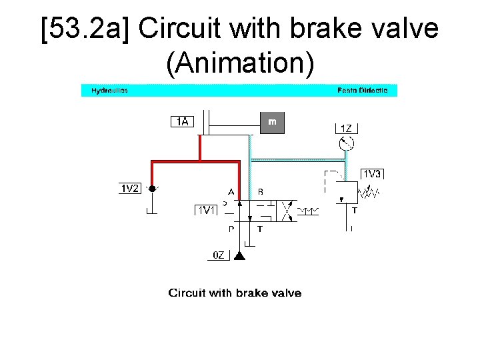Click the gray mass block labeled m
coord(272,122)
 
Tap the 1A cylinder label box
coord(182,121)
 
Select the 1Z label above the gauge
coord(346,128)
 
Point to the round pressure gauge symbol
coord(346,143)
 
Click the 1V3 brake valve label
coord(372,174)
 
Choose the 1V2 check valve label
coord(129,189)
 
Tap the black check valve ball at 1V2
coord(152,189)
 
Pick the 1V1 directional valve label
coord(206,211)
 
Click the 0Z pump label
coord(219,255)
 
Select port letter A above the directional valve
coord(231,191)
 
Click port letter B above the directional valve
coord(260,191)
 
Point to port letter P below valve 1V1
coord(231,229)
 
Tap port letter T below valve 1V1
coord(260,229)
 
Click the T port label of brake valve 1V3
coord(355,210)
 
